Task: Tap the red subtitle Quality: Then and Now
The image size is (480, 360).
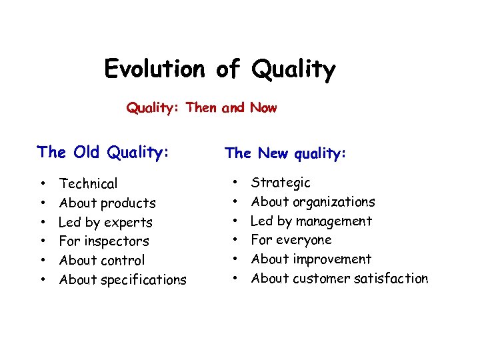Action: point(201,107)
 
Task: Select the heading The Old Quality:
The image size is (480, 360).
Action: point(103,152)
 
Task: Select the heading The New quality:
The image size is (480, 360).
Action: point(285,153)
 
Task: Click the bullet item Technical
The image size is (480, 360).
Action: point(88,183)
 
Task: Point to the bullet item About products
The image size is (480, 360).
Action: point(107,203)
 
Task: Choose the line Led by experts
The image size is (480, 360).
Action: point(105,222)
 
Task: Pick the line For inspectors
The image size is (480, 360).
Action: point(104,241)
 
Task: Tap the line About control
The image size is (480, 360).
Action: point(101,261)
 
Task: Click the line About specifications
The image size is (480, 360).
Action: point(123,280)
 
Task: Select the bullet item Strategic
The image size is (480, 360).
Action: point(281,183)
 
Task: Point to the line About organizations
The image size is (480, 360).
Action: point(313,202)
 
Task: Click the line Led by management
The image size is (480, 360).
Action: point(311,221)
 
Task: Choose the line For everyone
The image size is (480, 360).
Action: point(291,240)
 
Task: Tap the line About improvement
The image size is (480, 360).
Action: point(311,259)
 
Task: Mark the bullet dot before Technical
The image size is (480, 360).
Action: point(42,183)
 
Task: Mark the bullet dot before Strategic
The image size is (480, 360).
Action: point(234,182)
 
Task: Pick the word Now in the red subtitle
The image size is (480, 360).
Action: point(263,107)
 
